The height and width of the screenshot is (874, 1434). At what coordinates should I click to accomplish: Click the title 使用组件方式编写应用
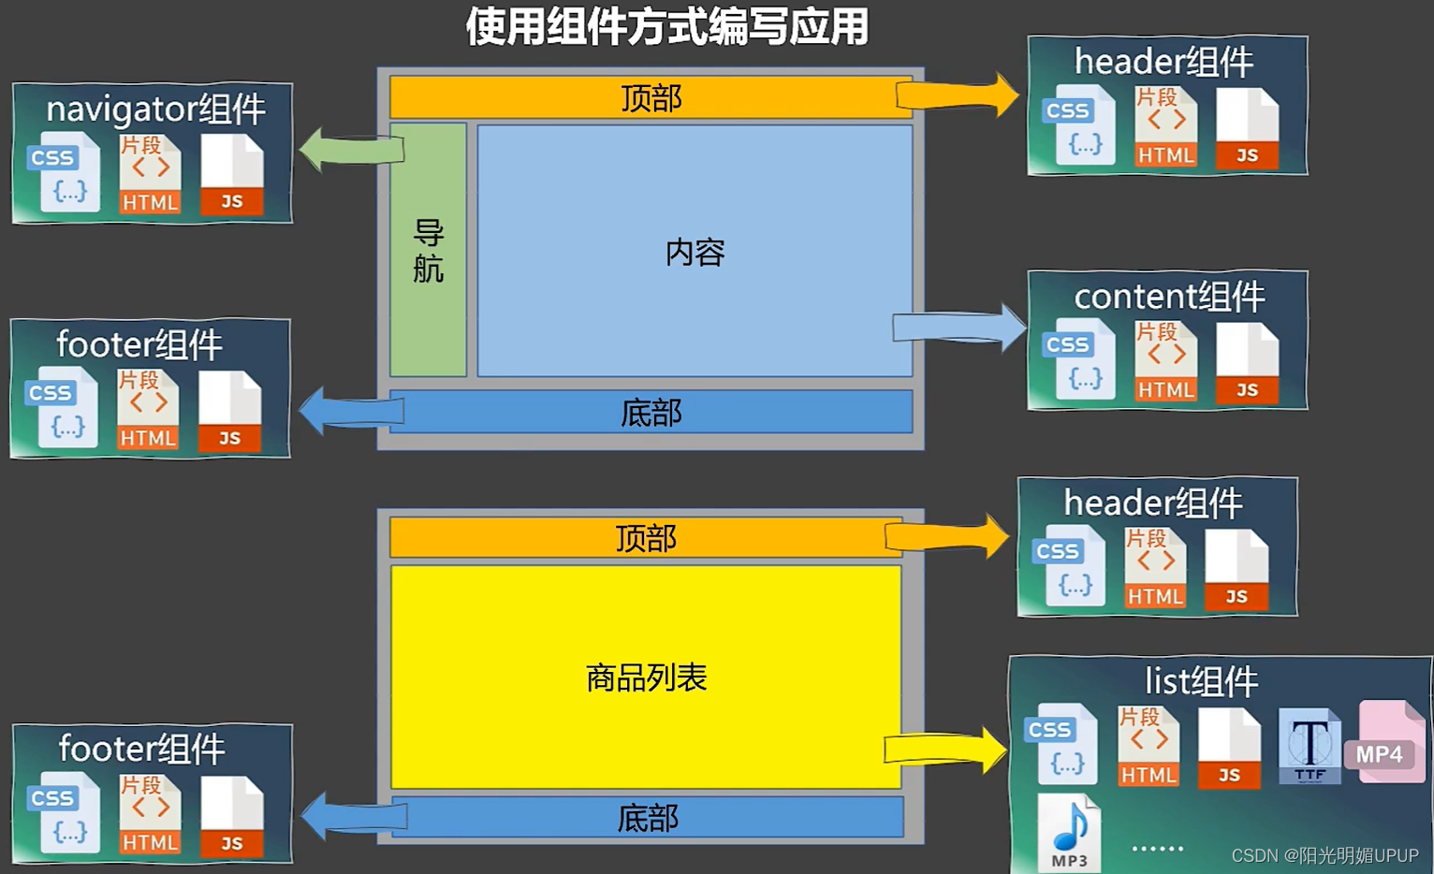666,26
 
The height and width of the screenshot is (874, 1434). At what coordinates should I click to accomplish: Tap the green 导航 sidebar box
428,250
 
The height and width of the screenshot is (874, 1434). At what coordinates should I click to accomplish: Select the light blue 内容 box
695,251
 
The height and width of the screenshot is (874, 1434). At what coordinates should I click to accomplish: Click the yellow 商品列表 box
646,677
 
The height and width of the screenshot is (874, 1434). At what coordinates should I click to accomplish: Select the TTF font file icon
1310,746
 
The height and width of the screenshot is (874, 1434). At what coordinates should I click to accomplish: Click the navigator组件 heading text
156,109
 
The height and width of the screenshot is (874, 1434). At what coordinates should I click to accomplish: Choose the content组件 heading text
1169,297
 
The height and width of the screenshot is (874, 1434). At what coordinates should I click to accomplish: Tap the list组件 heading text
1201,681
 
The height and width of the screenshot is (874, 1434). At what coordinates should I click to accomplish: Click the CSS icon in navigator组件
64,172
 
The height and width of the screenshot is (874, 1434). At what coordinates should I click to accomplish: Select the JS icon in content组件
1247,364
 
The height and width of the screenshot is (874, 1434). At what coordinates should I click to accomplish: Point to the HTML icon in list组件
1149,747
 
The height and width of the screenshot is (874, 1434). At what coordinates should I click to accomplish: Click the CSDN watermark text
1324,855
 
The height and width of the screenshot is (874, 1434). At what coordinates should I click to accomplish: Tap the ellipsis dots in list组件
1158,849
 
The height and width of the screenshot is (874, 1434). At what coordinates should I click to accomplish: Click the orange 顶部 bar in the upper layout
651,97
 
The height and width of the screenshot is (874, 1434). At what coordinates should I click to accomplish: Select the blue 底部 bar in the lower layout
648,818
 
